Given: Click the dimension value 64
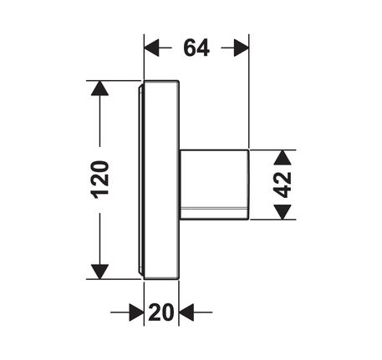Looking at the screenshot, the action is [x=196, y=48].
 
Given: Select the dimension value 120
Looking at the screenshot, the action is [x=99, y=180].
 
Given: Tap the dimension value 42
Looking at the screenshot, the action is [x=283, y=185].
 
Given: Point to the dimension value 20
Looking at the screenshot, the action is [x=161, y=312].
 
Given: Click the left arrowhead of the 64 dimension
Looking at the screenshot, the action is [x=151, y=48].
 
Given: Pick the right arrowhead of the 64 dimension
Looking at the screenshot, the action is [x=242, y=48].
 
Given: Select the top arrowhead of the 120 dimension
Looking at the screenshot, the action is [x=99, y=89].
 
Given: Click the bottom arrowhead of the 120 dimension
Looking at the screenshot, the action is [x=99, y=271].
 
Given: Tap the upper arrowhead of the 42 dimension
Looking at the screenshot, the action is [x=283, y=158].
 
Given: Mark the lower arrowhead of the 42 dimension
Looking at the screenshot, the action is [x=283, y=212].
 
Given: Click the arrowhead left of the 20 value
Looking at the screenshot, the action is [x=137, y=312].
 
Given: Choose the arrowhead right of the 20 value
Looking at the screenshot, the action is [x=186, y=312].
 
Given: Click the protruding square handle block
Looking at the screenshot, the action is [x=214, y=185].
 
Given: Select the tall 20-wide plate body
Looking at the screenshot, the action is [x=161, y=180].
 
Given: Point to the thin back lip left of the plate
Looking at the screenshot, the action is [x=141, y=180].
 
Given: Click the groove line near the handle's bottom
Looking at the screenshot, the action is [x=214, y=208].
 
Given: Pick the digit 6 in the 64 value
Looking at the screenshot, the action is [x=190, y=48].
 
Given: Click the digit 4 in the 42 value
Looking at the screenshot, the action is [x=283, y=191].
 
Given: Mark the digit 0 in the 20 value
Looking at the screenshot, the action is [x=168, y=312].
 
